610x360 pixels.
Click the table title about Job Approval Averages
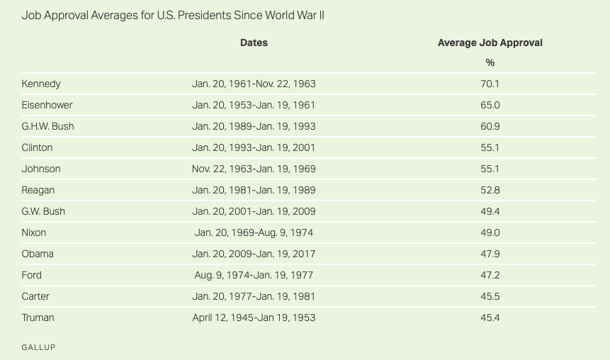click(173, 15)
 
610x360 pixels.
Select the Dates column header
click(254, 43)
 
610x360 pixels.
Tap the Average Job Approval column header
click(490, 43)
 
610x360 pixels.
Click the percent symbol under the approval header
click(490, 62)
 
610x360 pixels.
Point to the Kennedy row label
click(41, 84)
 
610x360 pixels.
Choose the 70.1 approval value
click(490, 84)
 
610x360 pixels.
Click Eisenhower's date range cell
click(254, 105)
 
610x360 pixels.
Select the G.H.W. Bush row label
click(47, 126)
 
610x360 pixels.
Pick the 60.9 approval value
click(490, 126)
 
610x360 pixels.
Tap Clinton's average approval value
click(490, 147)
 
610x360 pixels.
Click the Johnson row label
click(41, 169)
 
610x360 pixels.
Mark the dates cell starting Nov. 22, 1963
click(254, 169)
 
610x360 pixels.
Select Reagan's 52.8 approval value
click(490, 190)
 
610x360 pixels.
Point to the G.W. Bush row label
click(44, 211)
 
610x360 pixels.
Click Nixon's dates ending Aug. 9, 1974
click(254, 232)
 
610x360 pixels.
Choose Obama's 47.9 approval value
click(490, 254)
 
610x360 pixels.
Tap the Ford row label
click(32, 275)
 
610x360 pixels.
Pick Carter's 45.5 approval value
click(490, 296)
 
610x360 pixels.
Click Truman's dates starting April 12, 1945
click(254, 317)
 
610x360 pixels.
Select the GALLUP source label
click(38, 347)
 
